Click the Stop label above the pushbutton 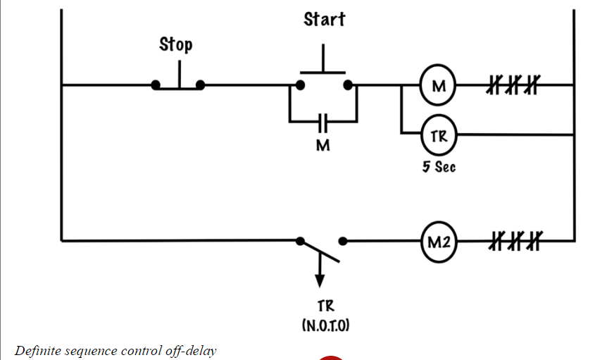pyautogui.click(x=175, y=44)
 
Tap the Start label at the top pyautogui.click(x=324, y=19)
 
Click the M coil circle pyautogui.click(x=439, y=86)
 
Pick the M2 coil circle pyautogui.click(x=439, y=241)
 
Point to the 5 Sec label pyautogui.click(x=439, y=168)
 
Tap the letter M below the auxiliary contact pyautogui.click(x=323, y=146)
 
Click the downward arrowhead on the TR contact pyautogui.click(x=320, y=282)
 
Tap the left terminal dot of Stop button pyautogui.click(x=156, y=86)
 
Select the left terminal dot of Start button pyautogui.click(x=300, y=85)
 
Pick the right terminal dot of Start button pyautogui.click(x=347, y=85)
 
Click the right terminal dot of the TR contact pyautogui.click(x=344, y=241)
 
